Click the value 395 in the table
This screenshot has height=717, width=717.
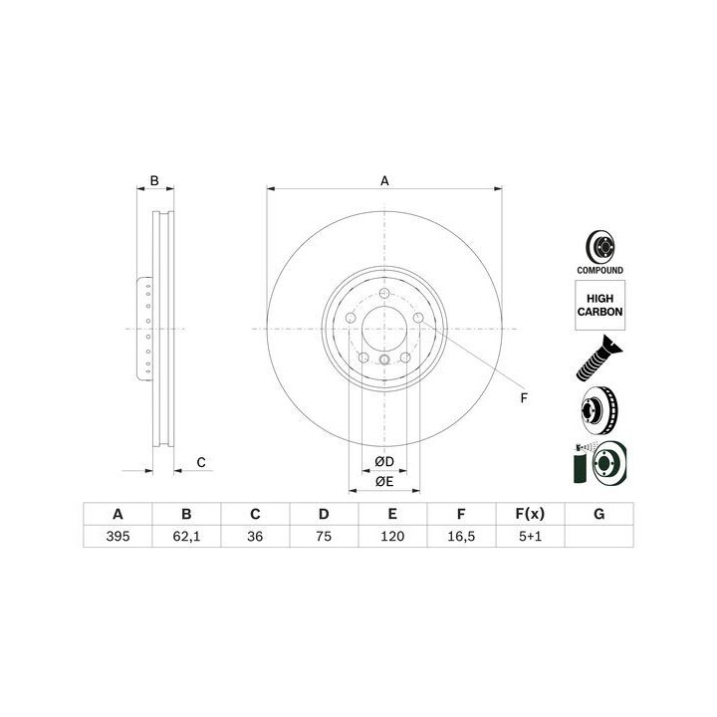coord(118,536)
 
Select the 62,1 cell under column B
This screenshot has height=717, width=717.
coord(186,536)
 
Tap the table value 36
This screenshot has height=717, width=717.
coord(255,536)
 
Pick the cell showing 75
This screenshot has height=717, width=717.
coord(324,536)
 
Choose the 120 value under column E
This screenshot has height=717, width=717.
coord(392,536)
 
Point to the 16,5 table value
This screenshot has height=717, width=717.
coord(461,536)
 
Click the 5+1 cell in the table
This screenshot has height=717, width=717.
coord(530,536)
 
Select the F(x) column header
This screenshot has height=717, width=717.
coord(530,514)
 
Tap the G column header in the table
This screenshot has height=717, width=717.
coord(599,514)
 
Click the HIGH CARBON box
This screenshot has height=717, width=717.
coord(599,305)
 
